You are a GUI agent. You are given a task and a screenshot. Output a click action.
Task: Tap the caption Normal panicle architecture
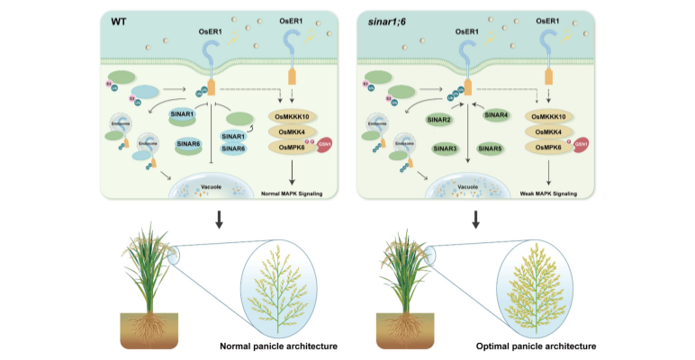pyautogui.click(x=271, y=345)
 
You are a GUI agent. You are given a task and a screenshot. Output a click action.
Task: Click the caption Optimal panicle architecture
pyautogui.click(x=545, y=345)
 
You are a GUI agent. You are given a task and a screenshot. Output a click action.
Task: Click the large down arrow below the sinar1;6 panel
pyautogui.click(x=474, y=218)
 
